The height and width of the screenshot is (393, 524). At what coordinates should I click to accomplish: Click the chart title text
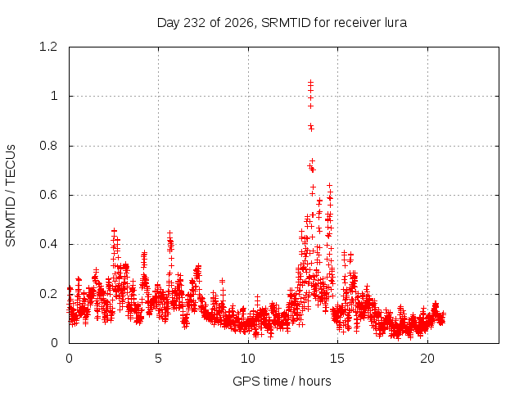[282, 23]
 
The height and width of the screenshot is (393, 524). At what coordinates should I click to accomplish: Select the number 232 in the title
[195, 23]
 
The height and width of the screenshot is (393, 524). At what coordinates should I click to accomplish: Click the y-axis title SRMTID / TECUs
[11, 196]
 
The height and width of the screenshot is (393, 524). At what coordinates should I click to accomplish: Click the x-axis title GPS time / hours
[282, 381]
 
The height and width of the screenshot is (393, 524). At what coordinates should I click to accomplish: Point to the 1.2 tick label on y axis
[48, 47]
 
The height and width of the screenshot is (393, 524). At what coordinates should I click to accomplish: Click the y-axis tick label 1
[54, 97]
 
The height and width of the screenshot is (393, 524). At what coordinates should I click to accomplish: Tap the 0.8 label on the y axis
[48, 146]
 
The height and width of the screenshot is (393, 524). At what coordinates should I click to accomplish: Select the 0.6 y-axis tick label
[48, 195]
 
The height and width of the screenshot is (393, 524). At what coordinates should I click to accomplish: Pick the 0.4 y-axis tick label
[48, 244]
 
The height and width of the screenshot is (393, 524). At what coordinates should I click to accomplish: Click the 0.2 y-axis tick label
[48, 294]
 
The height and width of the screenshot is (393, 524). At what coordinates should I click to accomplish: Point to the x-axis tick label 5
[158, 359]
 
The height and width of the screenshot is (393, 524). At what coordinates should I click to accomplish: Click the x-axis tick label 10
[248, 359]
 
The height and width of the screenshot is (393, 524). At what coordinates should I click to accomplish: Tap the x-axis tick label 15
[337, 359]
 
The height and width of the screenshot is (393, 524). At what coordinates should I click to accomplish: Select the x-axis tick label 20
[427, 359]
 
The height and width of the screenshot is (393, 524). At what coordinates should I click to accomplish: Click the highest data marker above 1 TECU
[311, 82]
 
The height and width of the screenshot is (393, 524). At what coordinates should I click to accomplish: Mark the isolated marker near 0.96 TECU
[311, 106]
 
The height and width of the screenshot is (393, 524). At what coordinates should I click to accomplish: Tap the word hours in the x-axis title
[315, 381]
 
